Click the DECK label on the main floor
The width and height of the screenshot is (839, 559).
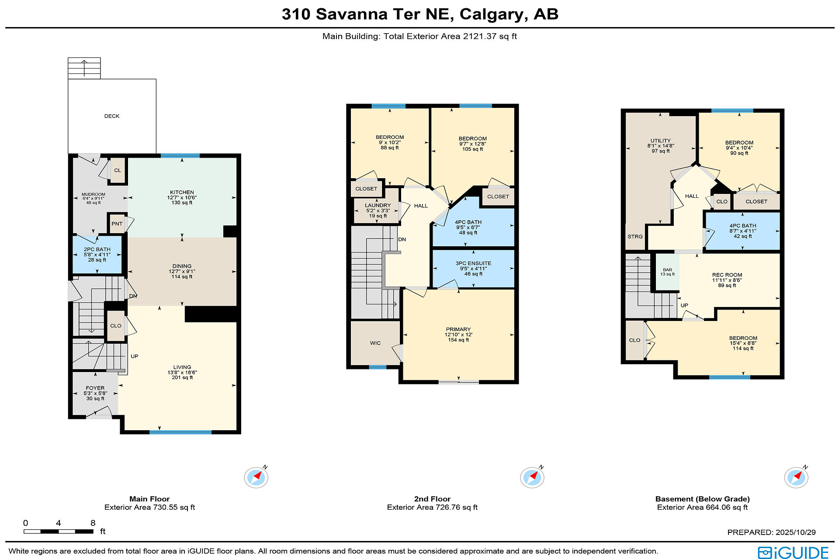(112, 116)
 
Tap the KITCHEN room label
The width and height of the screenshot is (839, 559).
(182, 192)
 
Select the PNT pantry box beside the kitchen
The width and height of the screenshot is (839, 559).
(117, 224)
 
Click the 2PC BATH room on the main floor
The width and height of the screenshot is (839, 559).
(97, 255)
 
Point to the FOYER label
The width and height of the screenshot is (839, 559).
(95, 388)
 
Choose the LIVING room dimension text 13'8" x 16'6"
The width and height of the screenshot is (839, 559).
(182, 373)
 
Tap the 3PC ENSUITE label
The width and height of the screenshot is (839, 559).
(473, 263)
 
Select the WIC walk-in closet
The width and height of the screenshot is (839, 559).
(375, 343)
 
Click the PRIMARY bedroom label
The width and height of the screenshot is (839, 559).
(458, 329)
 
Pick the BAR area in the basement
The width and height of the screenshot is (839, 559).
(667, 272)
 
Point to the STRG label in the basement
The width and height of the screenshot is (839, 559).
(635, 236)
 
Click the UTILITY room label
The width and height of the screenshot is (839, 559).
(660, 141)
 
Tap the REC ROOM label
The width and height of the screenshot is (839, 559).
(727, 275)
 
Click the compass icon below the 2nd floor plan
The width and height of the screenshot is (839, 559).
(532, 477)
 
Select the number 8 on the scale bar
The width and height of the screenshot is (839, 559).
(93, 523)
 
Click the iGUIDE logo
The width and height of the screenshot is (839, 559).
(793, 552)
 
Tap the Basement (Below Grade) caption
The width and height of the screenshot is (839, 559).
(702, 499)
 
